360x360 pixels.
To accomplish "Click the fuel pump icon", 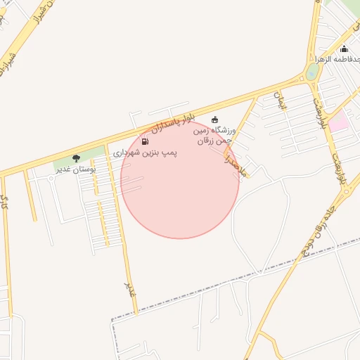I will click(x=145, y=141).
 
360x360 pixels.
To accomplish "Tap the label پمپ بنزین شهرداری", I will click(x=146, y=152).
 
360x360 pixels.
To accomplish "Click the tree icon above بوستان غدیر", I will click(x=76, y=158).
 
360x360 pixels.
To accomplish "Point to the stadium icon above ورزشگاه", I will click(x=214, y=120).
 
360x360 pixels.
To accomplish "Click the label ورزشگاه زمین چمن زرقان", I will click(x=214, y=135).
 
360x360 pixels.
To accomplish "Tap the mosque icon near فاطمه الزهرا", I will click(x=344, y=49).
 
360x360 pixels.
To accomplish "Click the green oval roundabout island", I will click(x=312, y=71).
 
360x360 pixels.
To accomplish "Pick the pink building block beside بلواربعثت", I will click(x=338, y=122).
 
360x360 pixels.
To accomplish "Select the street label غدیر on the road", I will click(x=128, y=288).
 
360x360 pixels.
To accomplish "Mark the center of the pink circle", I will click(x=180, y=179).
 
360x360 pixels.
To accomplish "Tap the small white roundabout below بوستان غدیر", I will click(x=51, y=178).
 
